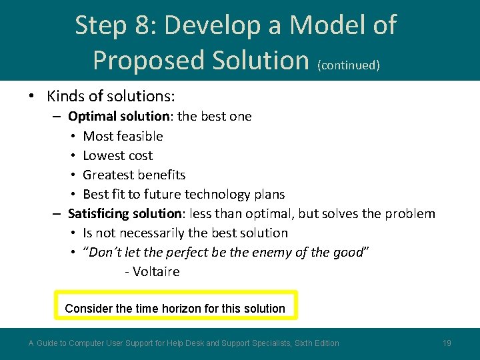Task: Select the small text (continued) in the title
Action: click(x=349, y=65)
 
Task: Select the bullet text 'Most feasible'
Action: click(x=123, y=136)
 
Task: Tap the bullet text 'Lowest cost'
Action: click(x=117, y=155)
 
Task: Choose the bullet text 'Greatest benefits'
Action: click(x=134, y=175)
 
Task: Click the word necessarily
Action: click(x=141, y=233)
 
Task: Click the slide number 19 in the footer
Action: click(x=447, y=343)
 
